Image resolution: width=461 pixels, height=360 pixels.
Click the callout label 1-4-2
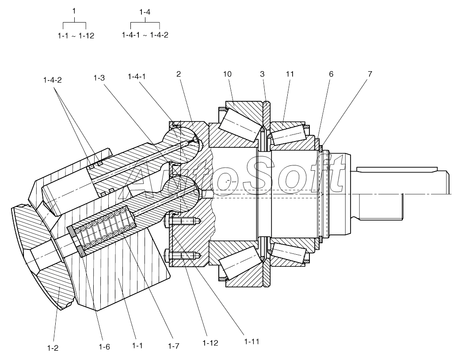(x=53, y=80)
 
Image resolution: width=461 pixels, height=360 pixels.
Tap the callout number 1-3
(x=99, y=78)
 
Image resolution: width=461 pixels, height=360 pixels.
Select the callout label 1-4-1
(x=137, y=77)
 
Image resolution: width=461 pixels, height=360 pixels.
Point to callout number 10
(x=227, y=74)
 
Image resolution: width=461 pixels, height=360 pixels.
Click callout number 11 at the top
(x=290, y=74)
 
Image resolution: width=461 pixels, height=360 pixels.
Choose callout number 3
(x=262, y=74)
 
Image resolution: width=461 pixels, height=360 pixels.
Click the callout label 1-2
(x=53, y=348)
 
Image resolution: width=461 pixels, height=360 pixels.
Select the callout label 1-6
(x=104, y=347)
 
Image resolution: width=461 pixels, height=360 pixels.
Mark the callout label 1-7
(x=173, y=346)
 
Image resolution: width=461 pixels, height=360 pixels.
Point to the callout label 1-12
(x=210, y=343)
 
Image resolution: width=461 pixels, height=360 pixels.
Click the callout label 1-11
(x=251, y=341)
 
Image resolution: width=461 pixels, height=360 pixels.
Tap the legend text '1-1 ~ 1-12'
(x=76, y=36)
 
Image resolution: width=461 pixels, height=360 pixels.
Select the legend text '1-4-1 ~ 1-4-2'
(x=145, y=35)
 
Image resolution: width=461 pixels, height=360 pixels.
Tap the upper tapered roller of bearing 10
(x=241, y=124)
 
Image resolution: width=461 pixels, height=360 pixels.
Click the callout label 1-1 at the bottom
(x=137, y=345)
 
